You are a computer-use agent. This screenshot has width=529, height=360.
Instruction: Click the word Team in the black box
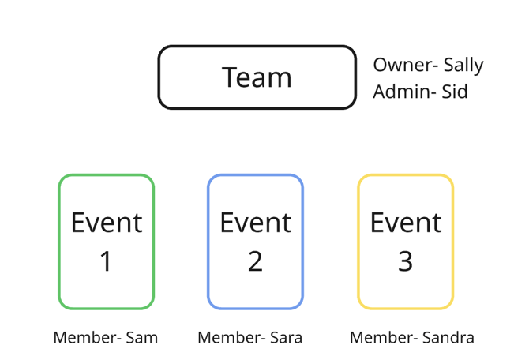(257, 77)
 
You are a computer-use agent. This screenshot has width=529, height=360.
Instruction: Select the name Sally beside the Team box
(463, 66)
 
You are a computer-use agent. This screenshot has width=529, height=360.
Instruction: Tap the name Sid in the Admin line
(454, 92)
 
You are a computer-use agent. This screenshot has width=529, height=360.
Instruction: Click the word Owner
(400, 66)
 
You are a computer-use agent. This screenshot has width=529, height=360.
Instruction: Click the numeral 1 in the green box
(106, 261)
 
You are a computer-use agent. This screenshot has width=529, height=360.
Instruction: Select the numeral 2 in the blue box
(255, 261)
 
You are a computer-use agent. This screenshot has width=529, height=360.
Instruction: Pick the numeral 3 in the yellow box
(405, 261)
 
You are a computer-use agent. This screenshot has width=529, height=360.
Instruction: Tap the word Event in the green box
(106, 223)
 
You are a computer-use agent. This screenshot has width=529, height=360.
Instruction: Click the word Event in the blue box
(255, 223)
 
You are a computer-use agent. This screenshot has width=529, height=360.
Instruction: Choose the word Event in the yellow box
(405, 223)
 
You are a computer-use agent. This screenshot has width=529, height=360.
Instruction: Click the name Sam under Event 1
(142, 338)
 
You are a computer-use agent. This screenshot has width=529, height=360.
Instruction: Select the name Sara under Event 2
(286, 338)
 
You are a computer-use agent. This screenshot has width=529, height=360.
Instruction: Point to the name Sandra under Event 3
(448, 338)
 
